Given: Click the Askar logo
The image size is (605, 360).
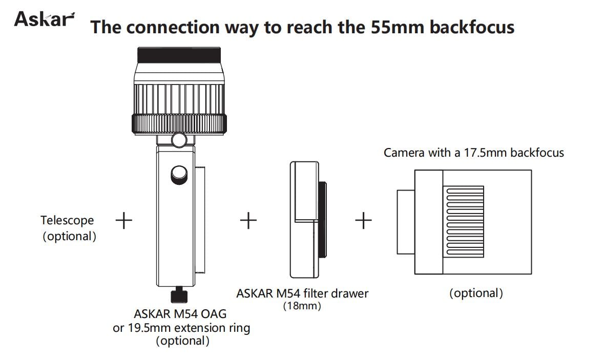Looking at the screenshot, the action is point(45,19).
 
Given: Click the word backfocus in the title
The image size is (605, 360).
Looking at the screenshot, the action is point(472,27).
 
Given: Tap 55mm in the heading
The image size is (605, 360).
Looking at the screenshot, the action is point(398,27).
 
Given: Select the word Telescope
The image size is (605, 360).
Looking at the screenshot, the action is point(67,220).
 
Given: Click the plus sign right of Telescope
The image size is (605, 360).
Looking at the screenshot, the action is point(124,220).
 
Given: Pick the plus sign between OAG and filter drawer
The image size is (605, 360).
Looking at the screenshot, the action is point(248,220).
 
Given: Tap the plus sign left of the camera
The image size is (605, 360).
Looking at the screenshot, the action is point(364,220).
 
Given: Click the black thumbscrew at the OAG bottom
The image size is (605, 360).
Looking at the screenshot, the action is point(179,294).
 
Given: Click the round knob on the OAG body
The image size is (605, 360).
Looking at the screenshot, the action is point(179,175).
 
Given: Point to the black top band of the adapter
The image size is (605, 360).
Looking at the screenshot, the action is point(179,55).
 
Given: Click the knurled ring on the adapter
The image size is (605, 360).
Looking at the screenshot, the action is point(179,124).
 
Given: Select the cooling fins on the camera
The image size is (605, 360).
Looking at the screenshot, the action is point(463,222).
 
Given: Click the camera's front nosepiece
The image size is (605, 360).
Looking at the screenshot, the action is point(406,222).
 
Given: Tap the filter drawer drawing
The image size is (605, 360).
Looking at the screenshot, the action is point(308,220).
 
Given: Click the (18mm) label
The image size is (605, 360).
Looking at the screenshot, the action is point(302,306).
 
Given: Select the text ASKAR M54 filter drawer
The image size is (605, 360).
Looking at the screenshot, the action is point(302,293).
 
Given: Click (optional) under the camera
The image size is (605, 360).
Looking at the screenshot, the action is point(476,293).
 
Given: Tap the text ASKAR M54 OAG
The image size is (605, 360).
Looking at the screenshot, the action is point(180,314).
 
